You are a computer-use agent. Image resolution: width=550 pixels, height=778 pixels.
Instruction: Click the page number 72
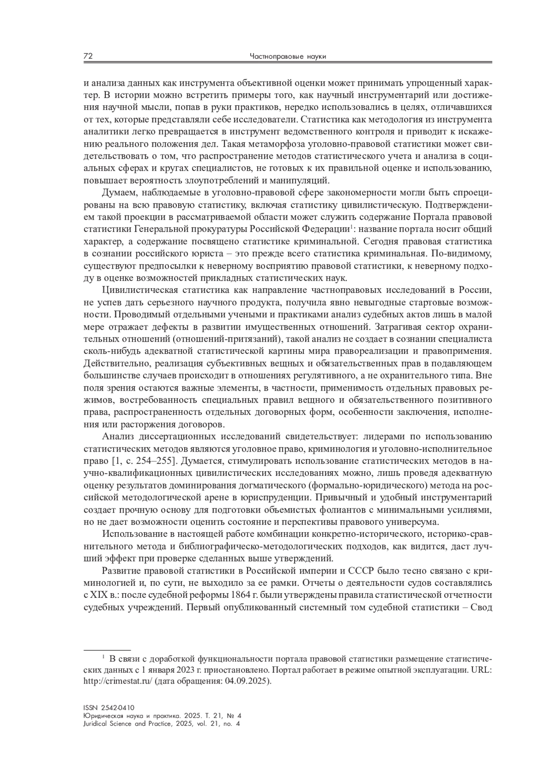(x=88, y=56)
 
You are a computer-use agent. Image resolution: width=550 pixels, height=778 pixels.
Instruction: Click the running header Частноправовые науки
(x=287, y=57)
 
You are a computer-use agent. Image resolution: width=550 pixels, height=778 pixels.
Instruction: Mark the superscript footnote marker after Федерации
(x=351, y=226)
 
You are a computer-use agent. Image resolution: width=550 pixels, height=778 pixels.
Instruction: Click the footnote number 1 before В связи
(x=104, y=657)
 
